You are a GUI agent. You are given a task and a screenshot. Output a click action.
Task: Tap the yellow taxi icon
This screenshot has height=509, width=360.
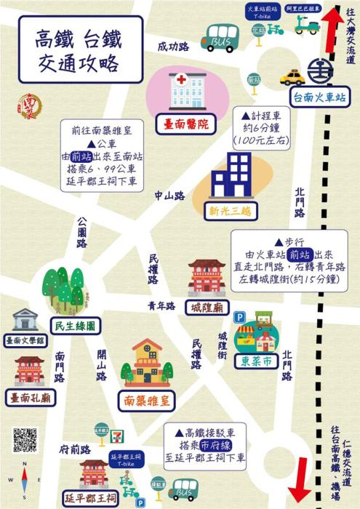coord(292,77)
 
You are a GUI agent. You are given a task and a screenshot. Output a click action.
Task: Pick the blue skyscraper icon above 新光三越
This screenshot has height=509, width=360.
coord(229,176)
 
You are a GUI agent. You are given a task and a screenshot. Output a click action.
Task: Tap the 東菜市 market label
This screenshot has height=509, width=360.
coord(256,360)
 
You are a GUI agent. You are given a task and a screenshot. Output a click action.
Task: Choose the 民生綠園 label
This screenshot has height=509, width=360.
coord(73,326)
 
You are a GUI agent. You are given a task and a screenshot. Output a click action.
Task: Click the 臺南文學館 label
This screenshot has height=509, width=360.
coord(25,340)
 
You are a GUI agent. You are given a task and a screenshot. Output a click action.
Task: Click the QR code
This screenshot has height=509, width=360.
coord(24,440)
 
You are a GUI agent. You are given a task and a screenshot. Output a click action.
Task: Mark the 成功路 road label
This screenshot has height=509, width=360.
coord(173,47)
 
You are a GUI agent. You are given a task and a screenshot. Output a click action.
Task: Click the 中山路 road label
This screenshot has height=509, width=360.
coord(169,196)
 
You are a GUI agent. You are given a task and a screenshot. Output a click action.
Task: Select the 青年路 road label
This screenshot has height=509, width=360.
coord(162,306)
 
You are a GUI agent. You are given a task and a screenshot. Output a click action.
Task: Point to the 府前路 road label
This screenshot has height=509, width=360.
coord(75,449)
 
